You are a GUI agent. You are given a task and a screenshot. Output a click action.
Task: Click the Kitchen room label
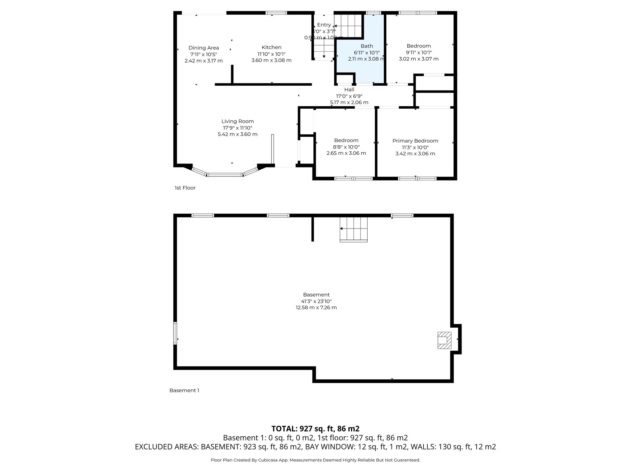(271, 47)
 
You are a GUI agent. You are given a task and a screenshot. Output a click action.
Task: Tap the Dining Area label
(204, 48)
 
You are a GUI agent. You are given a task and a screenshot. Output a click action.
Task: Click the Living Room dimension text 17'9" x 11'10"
(238, 128)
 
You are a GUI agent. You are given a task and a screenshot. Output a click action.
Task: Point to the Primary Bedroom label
(415, 141)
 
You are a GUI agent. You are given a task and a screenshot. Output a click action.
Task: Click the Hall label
(349, 90)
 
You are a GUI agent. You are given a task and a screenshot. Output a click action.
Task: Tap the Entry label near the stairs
(324, 25)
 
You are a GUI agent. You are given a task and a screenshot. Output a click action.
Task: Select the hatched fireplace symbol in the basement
(444, 340)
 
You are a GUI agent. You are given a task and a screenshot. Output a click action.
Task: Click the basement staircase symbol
(354, 229)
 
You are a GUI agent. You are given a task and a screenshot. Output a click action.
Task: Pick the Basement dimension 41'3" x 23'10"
(316, 301)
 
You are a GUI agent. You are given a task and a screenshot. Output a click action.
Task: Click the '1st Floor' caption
(185, 188)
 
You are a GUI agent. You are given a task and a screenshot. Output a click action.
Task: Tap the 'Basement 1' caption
(184, 390)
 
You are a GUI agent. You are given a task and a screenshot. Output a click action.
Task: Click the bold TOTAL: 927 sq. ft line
(315, 429)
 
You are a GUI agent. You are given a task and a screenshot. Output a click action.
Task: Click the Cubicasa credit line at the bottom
(315, 460)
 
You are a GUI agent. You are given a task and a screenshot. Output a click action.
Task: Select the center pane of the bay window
(224, 175)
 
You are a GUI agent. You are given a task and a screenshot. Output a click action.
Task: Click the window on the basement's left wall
(175, 333)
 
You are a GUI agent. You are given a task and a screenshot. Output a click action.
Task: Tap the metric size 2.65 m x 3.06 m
(346, 153)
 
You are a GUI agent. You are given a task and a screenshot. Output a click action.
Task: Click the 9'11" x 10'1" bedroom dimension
(418, 52)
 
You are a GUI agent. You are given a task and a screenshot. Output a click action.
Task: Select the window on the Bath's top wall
(373, 13)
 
